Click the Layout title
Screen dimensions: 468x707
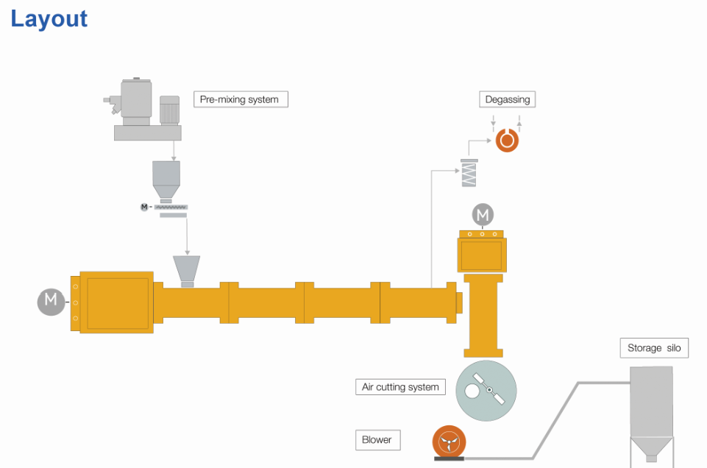coord(49,18)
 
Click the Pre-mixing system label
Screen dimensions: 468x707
coord(240,99)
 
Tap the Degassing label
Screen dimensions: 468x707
coord(508,99)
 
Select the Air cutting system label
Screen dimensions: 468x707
coord(400,387)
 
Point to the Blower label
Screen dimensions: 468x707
coord(377,440)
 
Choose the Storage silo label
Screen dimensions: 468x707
coord(654,348)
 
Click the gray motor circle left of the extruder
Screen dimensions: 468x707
coord(51,301)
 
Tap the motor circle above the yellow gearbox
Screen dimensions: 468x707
coord(483,215)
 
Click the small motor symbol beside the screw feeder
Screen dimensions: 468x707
coord(144,207)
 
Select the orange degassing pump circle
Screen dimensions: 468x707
coord(507,140)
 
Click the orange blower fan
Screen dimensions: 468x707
coord(448,442)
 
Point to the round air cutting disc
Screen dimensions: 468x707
coord(486,390)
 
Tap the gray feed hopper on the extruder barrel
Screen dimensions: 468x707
coord(186,268)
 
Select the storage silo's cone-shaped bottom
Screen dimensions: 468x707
coord(651,447)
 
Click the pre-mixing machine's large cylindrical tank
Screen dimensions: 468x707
coord(136,101)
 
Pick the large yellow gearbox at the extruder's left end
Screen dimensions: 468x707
coord(116,302)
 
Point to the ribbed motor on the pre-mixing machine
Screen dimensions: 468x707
coord(169,110)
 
